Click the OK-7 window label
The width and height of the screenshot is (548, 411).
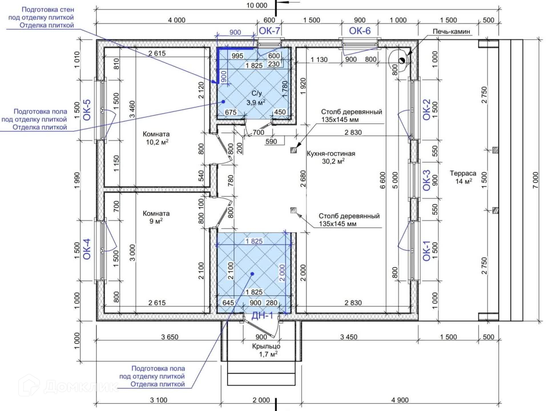pyautogui.click(x=269, y=31)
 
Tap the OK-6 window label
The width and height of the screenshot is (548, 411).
pyautogui.click(x=360, y=31)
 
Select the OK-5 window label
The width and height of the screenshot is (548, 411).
pyautogui.click(x=87, y=110)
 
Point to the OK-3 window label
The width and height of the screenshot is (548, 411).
pyautogui.click(x=426, y=180)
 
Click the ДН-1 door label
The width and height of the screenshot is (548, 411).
pyautogui.click(x=262, y=315)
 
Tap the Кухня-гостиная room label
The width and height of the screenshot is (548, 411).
pyautogui.click(x=331, y=154)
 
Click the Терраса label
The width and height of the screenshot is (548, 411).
pyautogui.click(x=463, y=173)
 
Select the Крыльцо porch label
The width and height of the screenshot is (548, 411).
pyautogui.click(x=266, y=346)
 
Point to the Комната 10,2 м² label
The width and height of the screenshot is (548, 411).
pyautogui.click(x=156, y=138)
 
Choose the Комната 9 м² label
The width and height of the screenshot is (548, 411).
pyautogui.click(x=156, y=217)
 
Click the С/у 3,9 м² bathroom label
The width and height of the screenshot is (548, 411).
pyautogui.click(x=256, y=98)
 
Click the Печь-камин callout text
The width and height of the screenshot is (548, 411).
pyautogui.click(x=451, y=31)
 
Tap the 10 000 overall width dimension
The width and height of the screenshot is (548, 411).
pyautogui.click(x=257, y=5)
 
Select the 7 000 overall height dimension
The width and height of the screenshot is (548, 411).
pyautogui.click(x=535, y=180)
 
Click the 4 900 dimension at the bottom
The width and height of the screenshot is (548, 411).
pyautogui.click(x=400, y=400)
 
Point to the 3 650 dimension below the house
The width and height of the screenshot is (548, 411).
pyautogui.click(x=170, y=337)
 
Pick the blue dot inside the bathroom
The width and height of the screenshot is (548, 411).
pyautogui.click(x=223, y=101)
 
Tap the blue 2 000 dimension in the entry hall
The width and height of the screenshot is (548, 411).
pyautogui.click(x=282, y=273)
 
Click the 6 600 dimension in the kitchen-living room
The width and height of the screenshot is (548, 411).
pyautogui.click(x=382, y=180)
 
